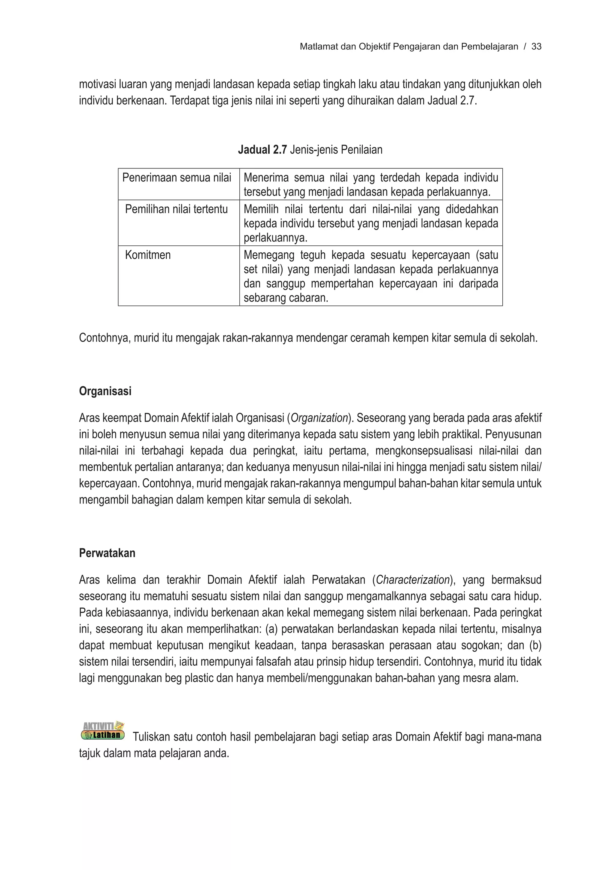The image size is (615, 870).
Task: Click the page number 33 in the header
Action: [x=536, y=47]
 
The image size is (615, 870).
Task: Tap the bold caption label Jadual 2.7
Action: [x=262, y=150]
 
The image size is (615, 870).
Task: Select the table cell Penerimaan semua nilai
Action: [x=177, y=178]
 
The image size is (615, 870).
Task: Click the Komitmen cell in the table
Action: [x=148, y=255]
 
